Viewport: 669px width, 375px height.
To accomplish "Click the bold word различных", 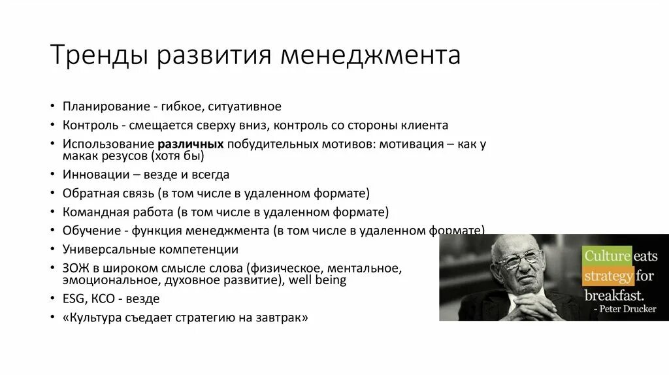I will [x=190, y=143].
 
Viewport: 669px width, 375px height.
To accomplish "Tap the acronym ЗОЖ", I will [x=74, y=268].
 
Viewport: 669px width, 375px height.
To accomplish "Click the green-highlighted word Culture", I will [x=607, y=255].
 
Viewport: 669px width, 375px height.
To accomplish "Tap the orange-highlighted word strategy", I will [x=608, y=275].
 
